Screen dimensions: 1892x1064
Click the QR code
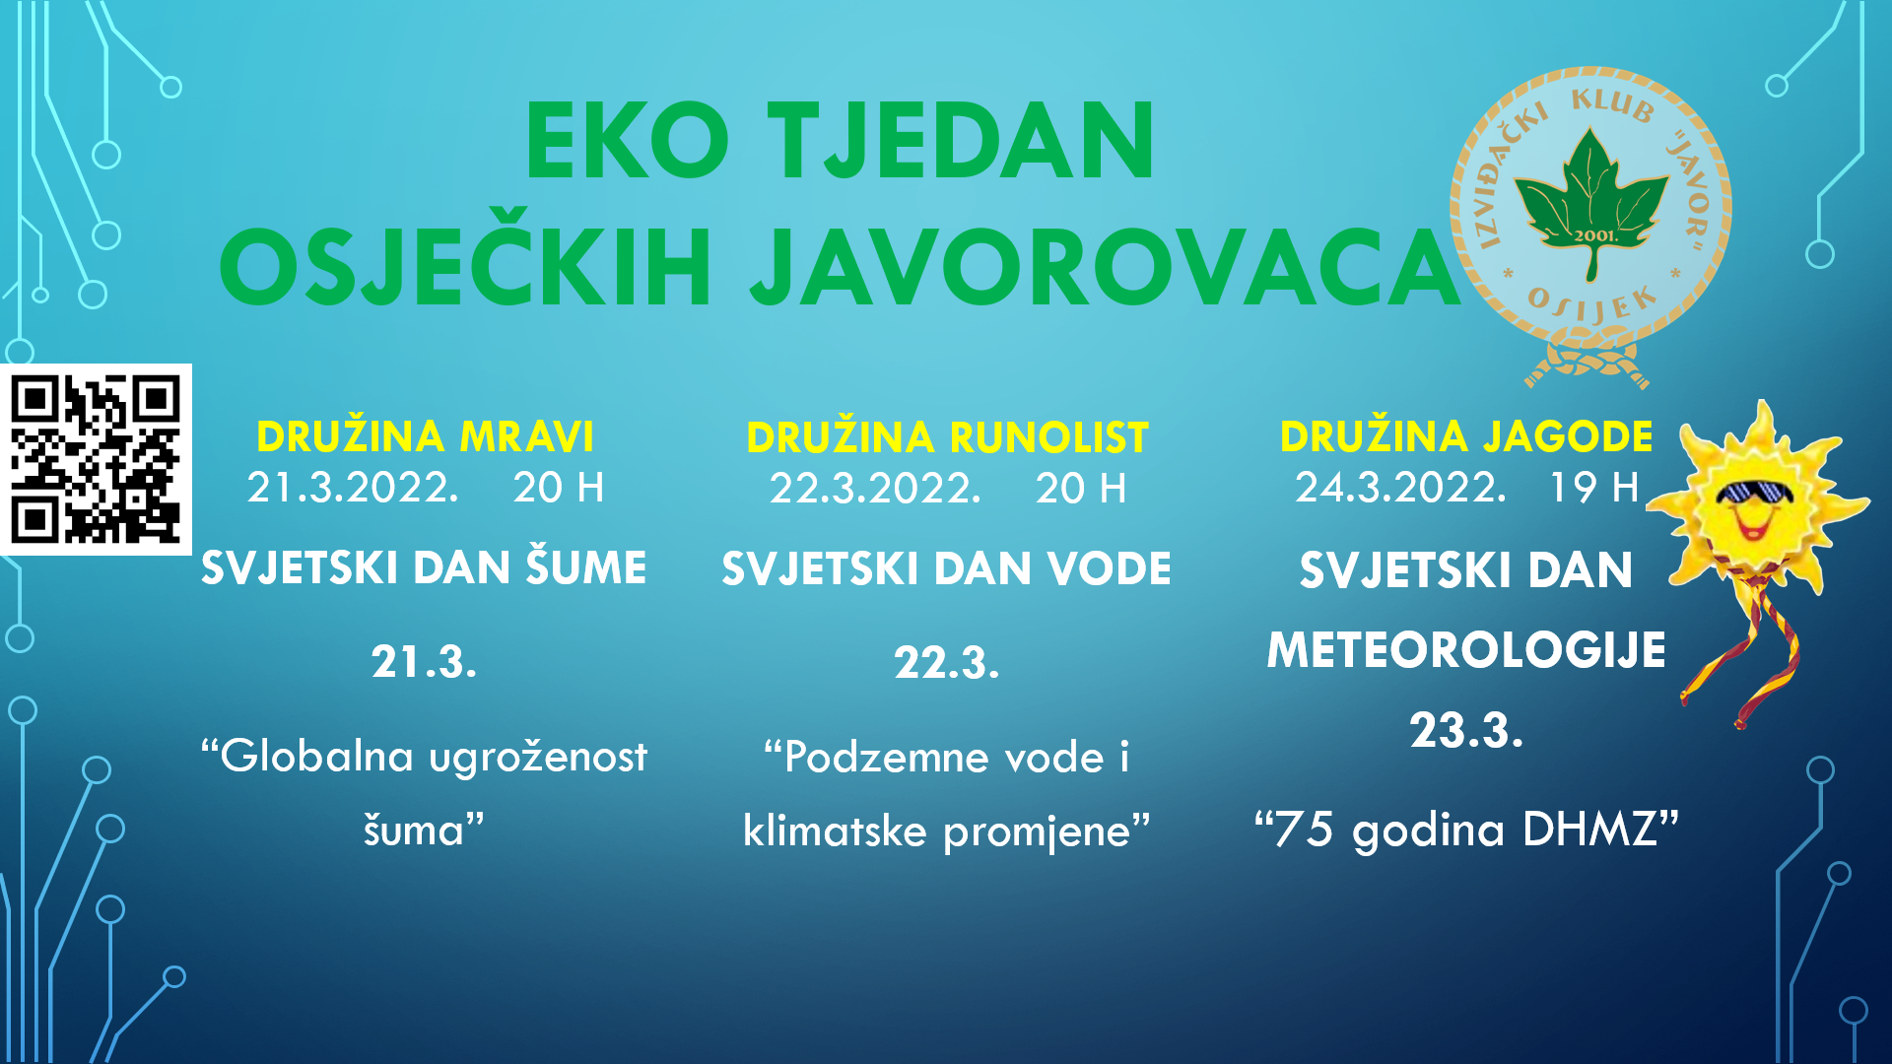pos(96,459)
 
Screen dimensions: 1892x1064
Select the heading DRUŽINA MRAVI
pos(425,435)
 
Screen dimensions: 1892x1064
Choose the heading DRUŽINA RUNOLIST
pos(947,436)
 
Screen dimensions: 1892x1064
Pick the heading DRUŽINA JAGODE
pos(1466,435)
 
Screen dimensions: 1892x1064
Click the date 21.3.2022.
pos(353,488)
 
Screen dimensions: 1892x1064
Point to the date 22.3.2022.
pos(875,489)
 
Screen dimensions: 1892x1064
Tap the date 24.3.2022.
pos(1400,487)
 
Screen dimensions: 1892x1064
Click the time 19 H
pos(1593,487)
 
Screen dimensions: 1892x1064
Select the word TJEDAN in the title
pos(960,141)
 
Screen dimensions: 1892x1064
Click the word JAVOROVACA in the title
pos(1105,267)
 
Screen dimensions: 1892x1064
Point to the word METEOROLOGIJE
pos(1466,650)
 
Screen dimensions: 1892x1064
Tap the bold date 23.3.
pos(1466,731)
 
